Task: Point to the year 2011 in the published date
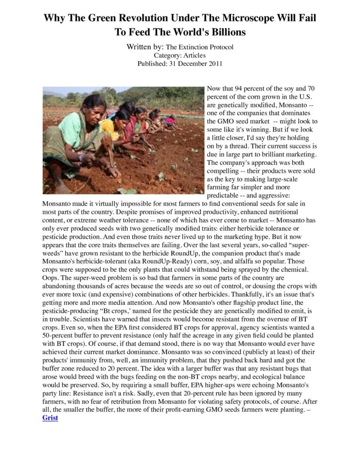[x=214, y=63]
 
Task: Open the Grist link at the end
[x=50, y=417]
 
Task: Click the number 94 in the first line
[x=240, y=89]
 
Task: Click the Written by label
[x=145, y=47]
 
